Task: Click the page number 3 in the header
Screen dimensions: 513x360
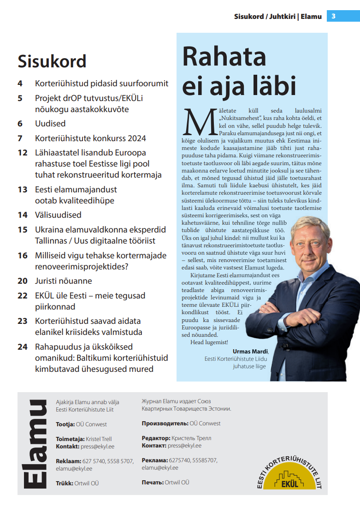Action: (333, 17)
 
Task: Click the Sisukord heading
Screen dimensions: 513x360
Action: (52, 61)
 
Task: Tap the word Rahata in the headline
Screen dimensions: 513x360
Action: (224, 57)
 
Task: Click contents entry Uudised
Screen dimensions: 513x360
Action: (50, 124)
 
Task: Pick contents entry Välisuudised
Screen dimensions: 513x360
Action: (58, 215)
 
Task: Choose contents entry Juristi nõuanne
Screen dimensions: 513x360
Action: (64, 281)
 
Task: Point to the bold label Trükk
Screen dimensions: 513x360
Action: (64, 483)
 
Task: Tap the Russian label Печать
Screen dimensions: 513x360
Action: (152, 483)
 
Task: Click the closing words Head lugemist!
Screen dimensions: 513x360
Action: (209, 342)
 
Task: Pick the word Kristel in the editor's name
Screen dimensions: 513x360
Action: (94, 439)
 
